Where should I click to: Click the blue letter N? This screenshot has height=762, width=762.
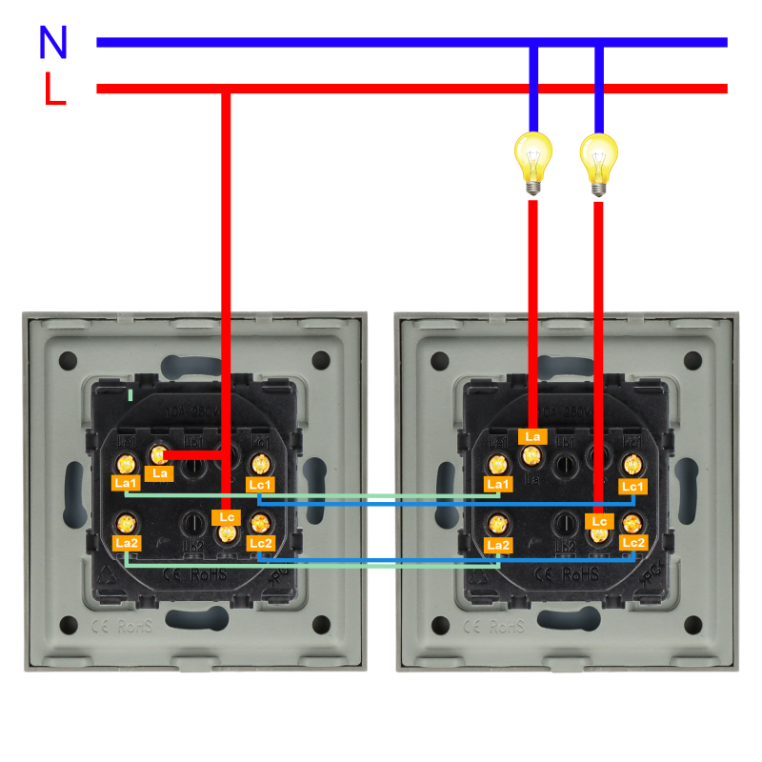[53, 42]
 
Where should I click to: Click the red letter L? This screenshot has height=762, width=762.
[55, 89]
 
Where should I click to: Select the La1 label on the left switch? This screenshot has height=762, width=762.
[126, 484]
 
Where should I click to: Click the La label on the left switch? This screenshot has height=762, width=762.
[160, 473]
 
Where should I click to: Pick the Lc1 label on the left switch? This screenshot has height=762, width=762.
[260, 485]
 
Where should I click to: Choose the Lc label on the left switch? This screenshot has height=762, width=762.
[226, 517]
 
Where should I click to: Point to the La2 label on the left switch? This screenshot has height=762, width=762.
[126, 543]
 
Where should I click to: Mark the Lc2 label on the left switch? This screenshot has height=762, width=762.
[261, 543]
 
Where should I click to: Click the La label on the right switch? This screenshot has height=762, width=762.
[532, 436]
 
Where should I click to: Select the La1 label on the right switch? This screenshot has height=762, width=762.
[497, 485]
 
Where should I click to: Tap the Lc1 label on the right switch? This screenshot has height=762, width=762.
[632, 486]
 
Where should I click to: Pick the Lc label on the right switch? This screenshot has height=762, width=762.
[598, 521]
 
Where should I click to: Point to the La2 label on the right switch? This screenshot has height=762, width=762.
[497, 544]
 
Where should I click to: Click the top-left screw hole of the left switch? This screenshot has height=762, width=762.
[68, 361]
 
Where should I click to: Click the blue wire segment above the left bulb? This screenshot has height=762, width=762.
[533, 90]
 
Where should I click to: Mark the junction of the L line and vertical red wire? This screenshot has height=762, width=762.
[226, 90]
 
